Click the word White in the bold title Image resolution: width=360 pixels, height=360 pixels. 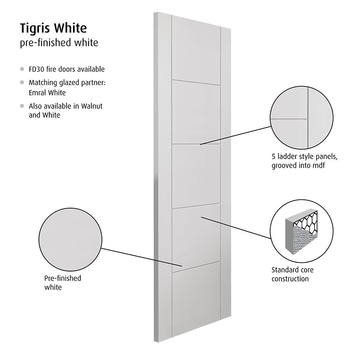click(x=70, y=28)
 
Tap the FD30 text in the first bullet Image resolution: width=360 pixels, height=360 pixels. click(x=36, y=69)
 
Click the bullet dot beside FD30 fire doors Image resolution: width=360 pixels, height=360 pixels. click(x=22, y=69)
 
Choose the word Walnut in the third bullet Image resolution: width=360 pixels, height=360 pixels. click(x=92, y=106)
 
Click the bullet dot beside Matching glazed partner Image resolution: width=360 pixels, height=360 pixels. click(x=22, y=82)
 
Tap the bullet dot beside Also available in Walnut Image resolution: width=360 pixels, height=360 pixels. click(x=22, y=106)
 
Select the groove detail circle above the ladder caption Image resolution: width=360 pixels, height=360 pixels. click(x=301, y=118)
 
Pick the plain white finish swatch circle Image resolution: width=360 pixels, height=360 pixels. click(x=70, y=240)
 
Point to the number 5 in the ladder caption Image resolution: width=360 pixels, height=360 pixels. click(x=274, y=157)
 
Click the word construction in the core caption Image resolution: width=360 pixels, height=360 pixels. click(x=290, y=279)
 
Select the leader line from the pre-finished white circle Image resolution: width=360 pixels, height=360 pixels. click(x=142, y=257)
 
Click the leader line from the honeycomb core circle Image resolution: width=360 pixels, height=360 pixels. click(x=236, y=228)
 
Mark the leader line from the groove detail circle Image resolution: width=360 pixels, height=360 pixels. click(x=235, y=135)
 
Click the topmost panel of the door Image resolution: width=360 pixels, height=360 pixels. click(x=196, y=49)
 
